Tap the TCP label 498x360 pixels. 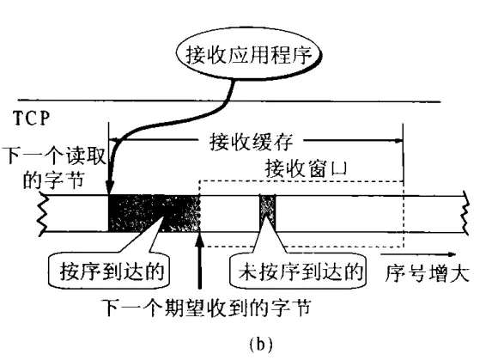(x=32, y=119)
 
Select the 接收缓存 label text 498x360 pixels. (x=251, y=142)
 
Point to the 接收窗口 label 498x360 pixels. (x=306, y=168)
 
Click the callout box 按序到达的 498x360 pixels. (x=109, y=271)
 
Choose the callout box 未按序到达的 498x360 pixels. (x=298, y=271)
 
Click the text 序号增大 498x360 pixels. (x=427, y=273)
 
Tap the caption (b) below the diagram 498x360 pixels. (x=261, y=345)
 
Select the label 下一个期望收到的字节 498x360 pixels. (x=207, y=308)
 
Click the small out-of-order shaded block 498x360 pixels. (x=268, y=213)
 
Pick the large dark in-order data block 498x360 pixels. (x=154, y=213)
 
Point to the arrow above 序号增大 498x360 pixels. (x=418, y=254)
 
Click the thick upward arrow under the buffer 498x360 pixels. (x=199, y=260)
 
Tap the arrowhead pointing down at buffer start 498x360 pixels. (x=109, y=187)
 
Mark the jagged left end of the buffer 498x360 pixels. (x=43, y=213)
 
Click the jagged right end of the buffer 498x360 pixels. (x=465, y=213)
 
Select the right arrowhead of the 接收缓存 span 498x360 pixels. (x=398, y=140)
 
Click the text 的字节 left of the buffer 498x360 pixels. (x=53, y=180)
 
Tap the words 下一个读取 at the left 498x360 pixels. (x=53, y=156)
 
